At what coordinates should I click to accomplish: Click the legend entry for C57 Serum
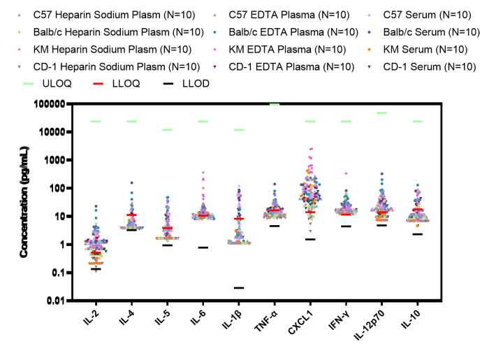click(x=427, y=15)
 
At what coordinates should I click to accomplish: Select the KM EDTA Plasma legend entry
click(x=287, y=50)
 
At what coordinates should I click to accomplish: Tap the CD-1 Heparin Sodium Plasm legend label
click(x=117, y=67)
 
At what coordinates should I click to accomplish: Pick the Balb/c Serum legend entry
click(x=431, y=32)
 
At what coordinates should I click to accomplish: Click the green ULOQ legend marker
click(x=29, y=84)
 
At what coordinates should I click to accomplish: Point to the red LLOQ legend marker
click(x=98, y=84)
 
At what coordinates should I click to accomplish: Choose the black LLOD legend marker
click(x=168, y=84)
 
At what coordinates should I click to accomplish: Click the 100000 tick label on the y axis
click(x=50, y=104)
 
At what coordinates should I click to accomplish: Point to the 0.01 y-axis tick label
click(x=56, y=301)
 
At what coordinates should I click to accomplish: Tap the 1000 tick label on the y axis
click(x=55, y=160)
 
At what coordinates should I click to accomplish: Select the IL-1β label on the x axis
click(x=232, y=319)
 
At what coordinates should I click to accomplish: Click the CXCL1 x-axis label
click(x=300, y=322)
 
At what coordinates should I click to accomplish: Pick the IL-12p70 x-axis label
click(x=370, y=325)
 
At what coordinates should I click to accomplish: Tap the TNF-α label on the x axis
click(x=265, y=322)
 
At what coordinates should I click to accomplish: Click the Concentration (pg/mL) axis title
click(x=24, y=202)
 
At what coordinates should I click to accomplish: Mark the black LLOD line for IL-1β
click(x=239, y=288)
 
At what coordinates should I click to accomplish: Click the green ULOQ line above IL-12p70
click(x=381, y=113)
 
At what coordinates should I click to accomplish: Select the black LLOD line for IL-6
click(x=203, y=247)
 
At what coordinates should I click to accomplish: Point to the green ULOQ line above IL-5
click(x=168, y=130)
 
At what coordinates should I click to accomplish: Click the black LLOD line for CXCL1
click(x=310, y=239)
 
